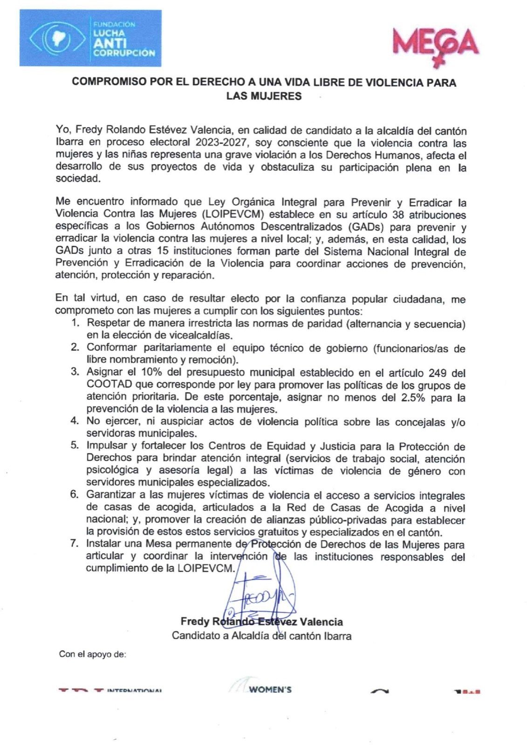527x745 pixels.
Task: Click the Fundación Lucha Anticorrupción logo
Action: [90, 38]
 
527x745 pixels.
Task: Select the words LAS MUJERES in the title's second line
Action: [264, 96]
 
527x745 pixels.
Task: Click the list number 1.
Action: [75, 323]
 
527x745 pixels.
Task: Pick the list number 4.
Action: [75, 421]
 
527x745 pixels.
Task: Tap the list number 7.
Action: [75, 544]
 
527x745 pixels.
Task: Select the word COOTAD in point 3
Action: [105, 385]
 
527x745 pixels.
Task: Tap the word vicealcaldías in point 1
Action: [205, 335]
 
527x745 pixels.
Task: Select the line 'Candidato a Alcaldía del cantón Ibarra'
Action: [261, 635]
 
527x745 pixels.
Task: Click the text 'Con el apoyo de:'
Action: [92, 654]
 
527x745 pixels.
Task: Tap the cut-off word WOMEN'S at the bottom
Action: [270, 689]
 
